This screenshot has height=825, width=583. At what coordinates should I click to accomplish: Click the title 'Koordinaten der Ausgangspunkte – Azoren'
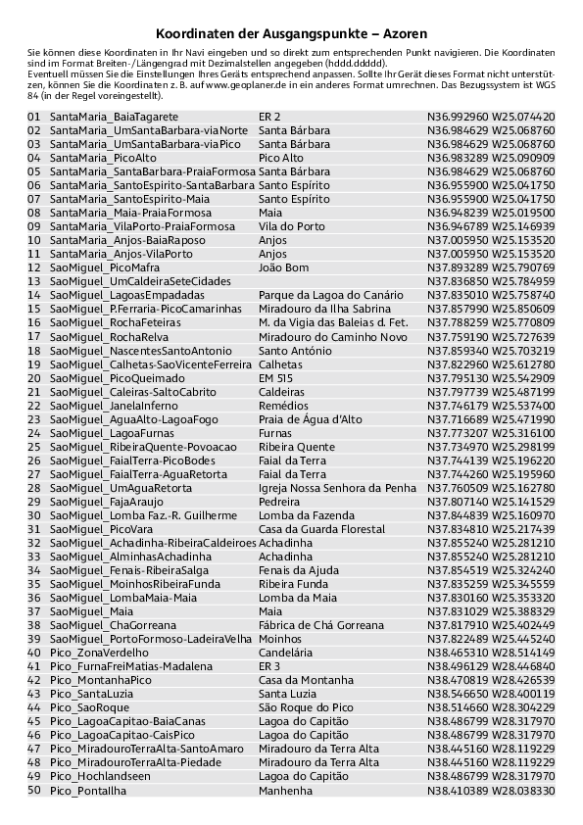point(291,32)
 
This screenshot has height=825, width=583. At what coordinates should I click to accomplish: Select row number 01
point(34,117)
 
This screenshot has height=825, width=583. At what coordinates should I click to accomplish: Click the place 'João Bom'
point(283,267)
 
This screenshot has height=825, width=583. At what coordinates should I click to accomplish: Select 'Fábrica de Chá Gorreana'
point(321,625)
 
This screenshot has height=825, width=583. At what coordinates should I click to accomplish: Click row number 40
point(34,653)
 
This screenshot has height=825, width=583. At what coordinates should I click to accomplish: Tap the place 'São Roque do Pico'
point(306,707)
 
